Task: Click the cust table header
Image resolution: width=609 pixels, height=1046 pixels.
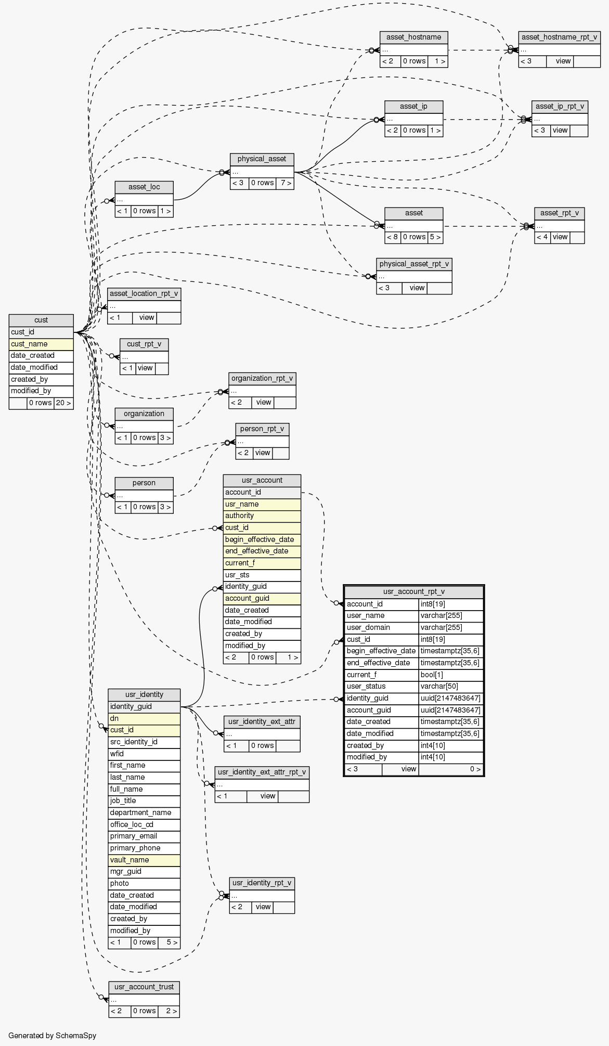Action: [41, 320]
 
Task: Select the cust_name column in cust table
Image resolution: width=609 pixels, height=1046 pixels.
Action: [41, 344]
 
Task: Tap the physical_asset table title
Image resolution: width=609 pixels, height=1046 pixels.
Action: [262, 159]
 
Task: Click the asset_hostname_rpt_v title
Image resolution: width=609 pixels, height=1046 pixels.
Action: [559, 37]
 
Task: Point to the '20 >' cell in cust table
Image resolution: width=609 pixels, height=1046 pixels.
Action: [63, 403]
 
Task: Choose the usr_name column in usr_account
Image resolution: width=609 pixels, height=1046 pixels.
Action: [262, 504]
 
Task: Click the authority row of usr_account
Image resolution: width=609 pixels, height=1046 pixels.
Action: [262, 515]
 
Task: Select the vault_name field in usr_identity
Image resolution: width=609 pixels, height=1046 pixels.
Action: [144, 860]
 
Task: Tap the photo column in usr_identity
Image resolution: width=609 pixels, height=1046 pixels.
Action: [144, 883]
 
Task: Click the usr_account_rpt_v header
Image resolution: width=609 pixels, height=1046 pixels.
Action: [413, 591]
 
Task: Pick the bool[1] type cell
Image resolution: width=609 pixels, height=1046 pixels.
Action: [451, 675]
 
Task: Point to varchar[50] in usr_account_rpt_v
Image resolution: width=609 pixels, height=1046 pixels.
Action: [451, 686]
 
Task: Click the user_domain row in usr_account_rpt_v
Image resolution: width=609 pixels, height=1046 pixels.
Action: [381, 627]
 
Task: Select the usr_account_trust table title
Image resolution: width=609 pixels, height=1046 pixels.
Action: [144, 987]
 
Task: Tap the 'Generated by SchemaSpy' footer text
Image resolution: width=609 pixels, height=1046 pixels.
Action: [52, 1035]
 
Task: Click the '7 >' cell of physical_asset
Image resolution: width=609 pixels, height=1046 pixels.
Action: [285, 183]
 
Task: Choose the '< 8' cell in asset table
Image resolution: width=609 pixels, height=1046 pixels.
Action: [393, 237]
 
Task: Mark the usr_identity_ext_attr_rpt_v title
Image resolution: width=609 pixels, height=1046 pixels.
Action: [262, 771]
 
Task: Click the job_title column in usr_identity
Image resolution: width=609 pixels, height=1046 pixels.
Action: [144, 800]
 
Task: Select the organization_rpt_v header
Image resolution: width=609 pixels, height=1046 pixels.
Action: [262, 378]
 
